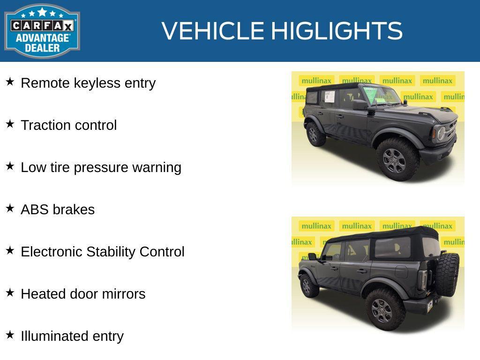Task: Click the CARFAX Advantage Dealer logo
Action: point(42,31)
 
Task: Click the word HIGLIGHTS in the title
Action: point(337,31)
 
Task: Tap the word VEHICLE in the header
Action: point(213,31)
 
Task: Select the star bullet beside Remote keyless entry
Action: point(10,82)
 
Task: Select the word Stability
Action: point(111,252)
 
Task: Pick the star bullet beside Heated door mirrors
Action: point(10,293)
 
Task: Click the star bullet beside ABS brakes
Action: point(10,209)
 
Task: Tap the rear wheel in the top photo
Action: point(314,134)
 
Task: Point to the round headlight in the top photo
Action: point(441,134)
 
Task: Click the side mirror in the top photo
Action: point(360,105)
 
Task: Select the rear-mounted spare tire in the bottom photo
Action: point(448,275)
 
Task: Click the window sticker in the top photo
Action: point(329,97)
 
